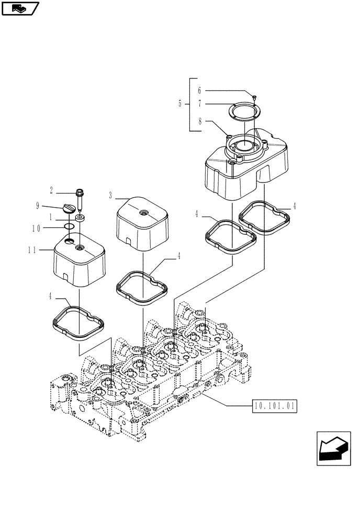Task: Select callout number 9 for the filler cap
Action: [x=38, y=206]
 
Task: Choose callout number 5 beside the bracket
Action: [x=180, y=104]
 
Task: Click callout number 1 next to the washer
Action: [x=50, y=216]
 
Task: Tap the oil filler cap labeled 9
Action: [x=69, y=209]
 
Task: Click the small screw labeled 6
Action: [x=254, y=97]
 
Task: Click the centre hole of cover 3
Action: [x=143, y=212]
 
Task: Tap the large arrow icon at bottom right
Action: [x=333, y=448]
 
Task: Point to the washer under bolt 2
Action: [x=81, y=217]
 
